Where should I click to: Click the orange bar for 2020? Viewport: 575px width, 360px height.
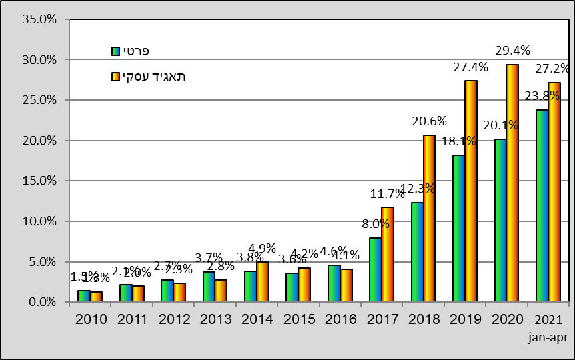(x=512, y=183)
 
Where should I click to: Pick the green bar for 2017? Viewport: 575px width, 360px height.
(x=376, y=270)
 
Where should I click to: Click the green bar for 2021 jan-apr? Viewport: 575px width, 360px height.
(x=542, y=206)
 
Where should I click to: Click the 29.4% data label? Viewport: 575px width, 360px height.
(x=512, y=50)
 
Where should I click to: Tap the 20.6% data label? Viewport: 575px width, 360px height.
(x=429, y=121)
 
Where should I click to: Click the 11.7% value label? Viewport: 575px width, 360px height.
(x=388, y=194)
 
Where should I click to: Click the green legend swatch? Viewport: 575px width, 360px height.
(x=115, y=51)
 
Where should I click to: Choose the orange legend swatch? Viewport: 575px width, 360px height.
(x=115, y=77)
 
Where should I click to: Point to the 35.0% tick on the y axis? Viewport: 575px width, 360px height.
(x=41, y=19)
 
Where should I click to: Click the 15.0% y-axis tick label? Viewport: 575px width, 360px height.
(x=41, y=181)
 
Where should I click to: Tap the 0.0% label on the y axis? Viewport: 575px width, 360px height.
(x=43, y=302)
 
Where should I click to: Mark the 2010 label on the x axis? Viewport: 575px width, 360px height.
(x=91, y=319)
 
